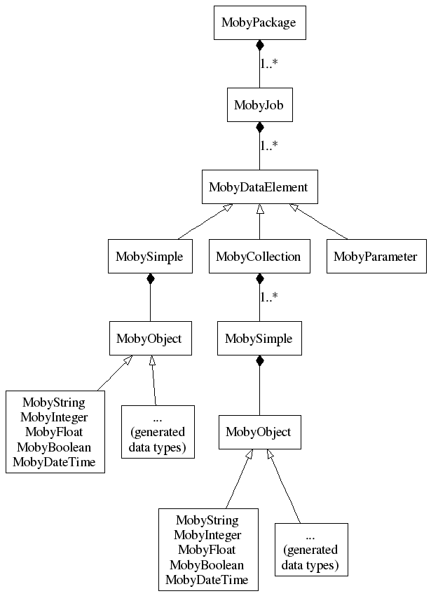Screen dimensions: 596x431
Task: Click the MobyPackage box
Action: coord(259,22)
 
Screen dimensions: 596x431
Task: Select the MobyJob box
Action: coord(259,105)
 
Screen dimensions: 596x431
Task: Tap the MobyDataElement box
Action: coord(259,187)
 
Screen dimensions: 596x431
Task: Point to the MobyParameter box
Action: coord(375,257)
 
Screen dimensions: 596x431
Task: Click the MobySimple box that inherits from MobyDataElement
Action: coord(150,257)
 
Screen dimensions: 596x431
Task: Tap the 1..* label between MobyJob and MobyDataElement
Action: coord(270,146)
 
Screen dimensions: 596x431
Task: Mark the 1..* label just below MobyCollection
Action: coord(269,297)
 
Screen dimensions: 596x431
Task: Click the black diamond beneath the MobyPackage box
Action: coord(259,45)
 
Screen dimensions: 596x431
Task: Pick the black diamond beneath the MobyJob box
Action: coord(259,128)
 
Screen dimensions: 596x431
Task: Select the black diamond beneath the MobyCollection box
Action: coord(259,279)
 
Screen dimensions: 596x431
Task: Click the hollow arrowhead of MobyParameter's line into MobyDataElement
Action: coord(294,208)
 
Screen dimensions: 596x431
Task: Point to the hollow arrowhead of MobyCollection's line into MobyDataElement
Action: coord(259,209)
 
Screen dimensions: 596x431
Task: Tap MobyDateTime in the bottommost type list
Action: coord(207,580)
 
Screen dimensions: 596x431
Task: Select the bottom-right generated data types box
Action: coord(310,550)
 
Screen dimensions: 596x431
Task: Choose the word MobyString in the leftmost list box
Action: coord(54,402)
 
